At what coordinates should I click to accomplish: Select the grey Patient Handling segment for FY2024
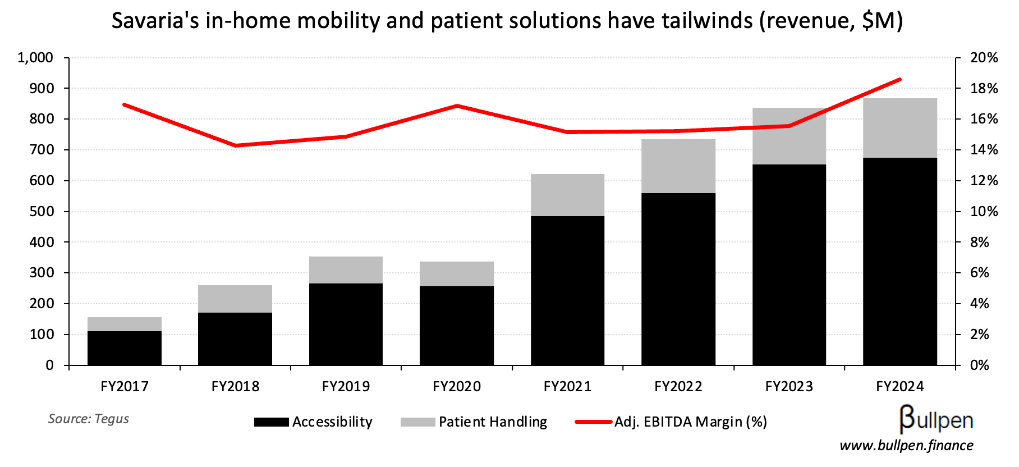pyautogui.click(x=899, y=128)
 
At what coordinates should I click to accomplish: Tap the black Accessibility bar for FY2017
pyautogui.click(x=125, y=348)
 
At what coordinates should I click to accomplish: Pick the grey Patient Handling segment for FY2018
pyautogui.click(x=235, y=299)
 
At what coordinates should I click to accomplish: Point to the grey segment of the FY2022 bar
pyautogui.click(x=678, y=166)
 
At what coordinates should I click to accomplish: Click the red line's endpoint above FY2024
pyautogui.click(x=900, y=80)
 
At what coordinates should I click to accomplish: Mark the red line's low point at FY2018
pyautogui.click(x=235, y=146)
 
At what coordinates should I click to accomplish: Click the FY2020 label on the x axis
pyautogui.click(x=457, y=387)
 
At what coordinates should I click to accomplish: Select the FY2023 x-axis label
pyautogui.click(x=789, y=387)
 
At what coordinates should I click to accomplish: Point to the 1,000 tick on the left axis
pyautogui.click(x=35, y=58)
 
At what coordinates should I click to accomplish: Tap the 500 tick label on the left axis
pyautogui.click(x=42, y=212)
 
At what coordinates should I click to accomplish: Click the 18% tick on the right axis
pyautogui.click(x=984, y=89)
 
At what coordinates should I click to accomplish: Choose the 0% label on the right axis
pyautogui.click(x=980, y=365)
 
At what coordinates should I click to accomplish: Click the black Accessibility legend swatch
pyautogui.click(x=272, y=422)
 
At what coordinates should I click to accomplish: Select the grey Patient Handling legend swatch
pyautogui.click(x=417, y=422)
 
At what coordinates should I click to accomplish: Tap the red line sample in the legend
pyautogui.click(x=593, y=422)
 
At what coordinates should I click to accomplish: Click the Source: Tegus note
pyautogui.click(x=89, y=419)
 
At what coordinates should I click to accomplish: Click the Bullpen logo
pyautogui.click(x=936, y=419)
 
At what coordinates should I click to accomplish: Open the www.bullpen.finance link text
pyautogui.click(x=906, y=446)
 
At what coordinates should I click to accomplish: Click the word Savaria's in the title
pyautogui.click(x=155, y=21)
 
